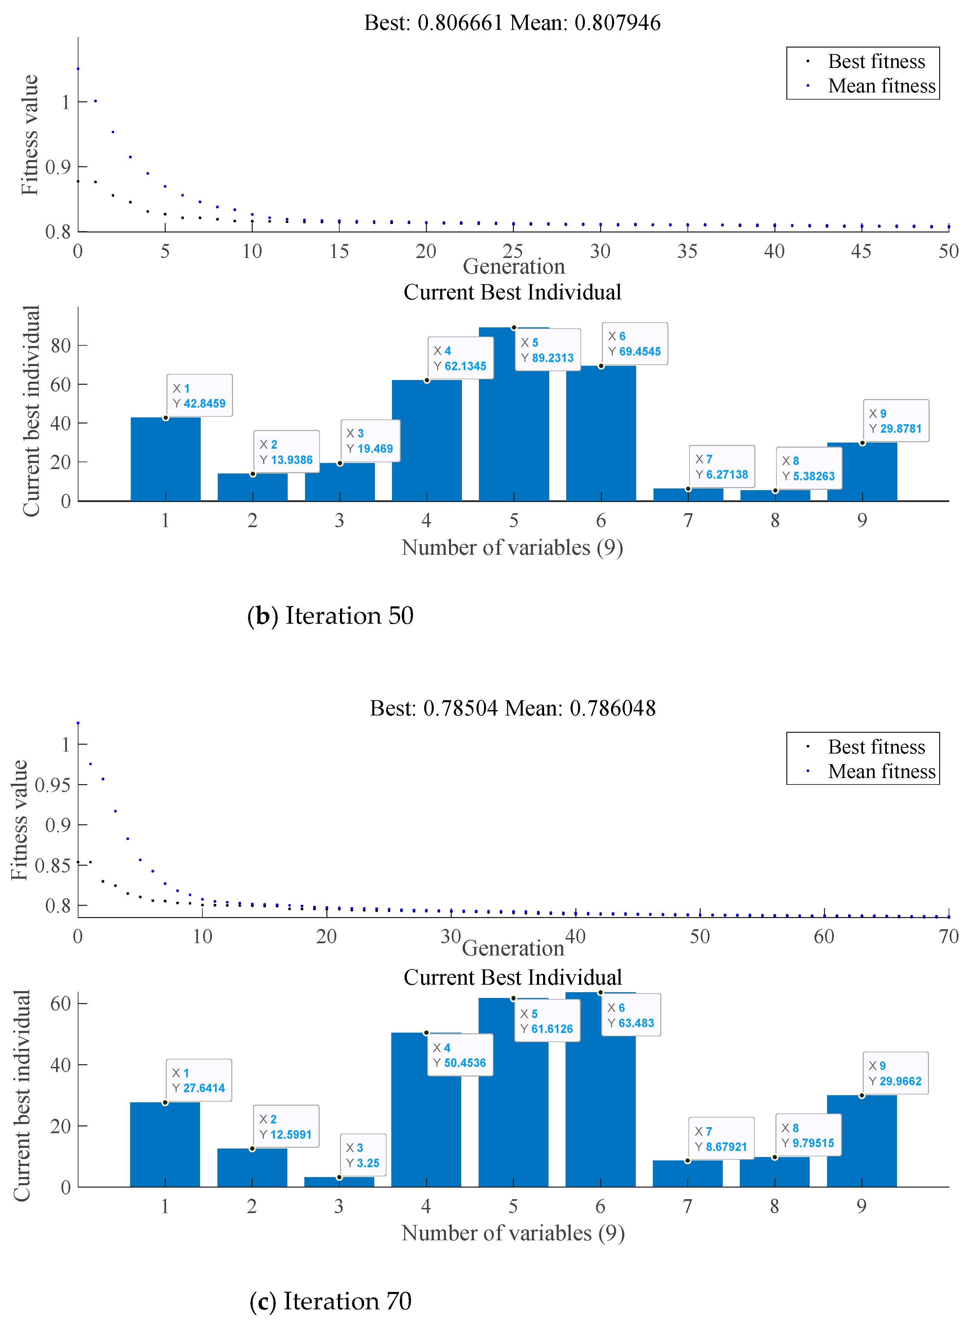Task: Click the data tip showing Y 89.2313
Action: (x=547, y=350)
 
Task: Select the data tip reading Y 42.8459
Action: (x=199, y=396)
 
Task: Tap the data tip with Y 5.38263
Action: (x=809, y=468)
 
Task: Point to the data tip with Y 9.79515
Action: (x=808, y=1136)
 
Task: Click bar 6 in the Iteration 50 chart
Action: (x=600, y=434)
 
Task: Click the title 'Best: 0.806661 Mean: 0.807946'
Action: (x=512, y=23)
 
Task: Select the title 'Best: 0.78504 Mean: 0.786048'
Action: (x=512, y=708)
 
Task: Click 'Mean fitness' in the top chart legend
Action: (x=881, y=86)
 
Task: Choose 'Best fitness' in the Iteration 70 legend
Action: (x=876, y=747)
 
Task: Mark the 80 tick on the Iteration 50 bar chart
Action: (x=60, y=346)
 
